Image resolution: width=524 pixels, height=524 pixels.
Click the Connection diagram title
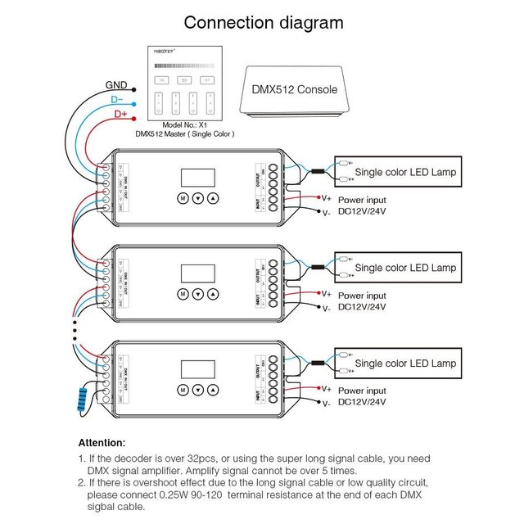click(x=263, y=22)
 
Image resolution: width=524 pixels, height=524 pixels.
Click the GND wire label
click(x=115, y=84)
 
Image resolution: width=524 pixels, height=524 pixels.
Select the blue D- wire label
click(x=118, y=100)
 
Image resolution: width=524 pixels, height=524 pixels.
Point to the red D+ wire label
click(x=121, y=115)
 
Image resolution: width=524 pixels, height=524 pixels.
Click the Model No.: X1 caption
click(x=183, y=124)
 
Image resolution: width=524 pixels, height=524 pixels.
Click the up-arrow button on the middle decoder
click(x=214, y=294)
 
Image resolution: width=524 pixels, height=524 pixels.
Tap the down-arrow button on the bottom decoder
click(x=197, y=390)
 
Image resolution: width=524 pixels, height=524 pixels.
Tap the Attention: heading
click(x=102, y=443)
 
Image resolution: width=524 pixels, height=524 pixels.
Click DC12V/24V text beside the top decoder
click(x=362, y=211)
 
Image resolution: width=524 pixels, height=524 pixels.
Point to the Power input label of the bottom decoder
click(x=362, y=391)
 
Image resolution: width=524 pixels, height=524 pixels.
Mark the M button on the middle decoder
click(x=182, y=294)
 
